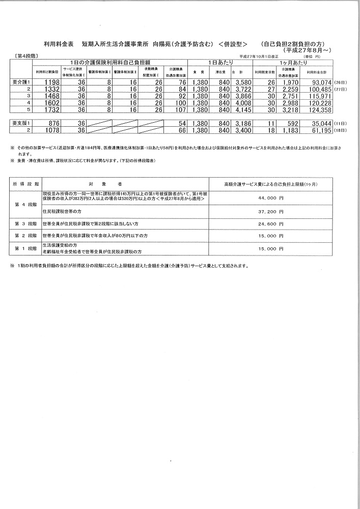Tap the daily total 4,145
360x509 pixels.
(x=238, y=109)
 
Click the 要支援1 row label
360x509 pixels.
(x=22, y=123)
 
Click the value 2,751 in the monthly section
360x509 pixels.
(x=286, y=96)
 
